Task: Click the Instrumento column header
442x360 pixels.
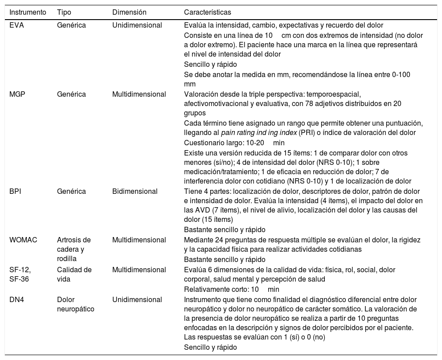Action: [x=28, y=12]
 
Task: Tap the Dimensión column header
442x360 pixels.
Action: [x=129, y=12]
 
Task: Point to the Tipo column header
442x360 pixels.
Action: [x=64, y=12]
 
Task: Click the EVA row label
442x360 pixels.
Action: [x=17, y=25]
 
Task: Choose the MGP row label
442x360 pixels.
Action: [x=17, y=94]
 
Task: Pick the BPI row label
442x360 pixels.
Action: [x=16, y=192]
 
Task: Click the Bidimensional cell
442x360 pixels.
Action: [x=135, y=192]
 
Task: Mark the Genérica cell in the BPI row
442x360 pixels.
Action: [x=71, y=192]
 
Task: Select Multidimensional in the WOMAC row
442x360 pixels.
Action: [x=139, y=240]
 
